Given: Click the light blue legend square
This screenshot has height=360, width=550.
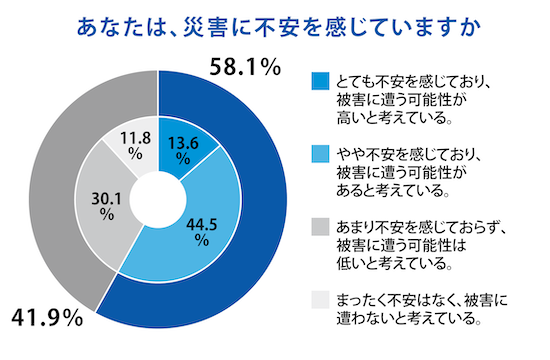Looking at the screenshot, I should pyautogui.click(x=320, y=153).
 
